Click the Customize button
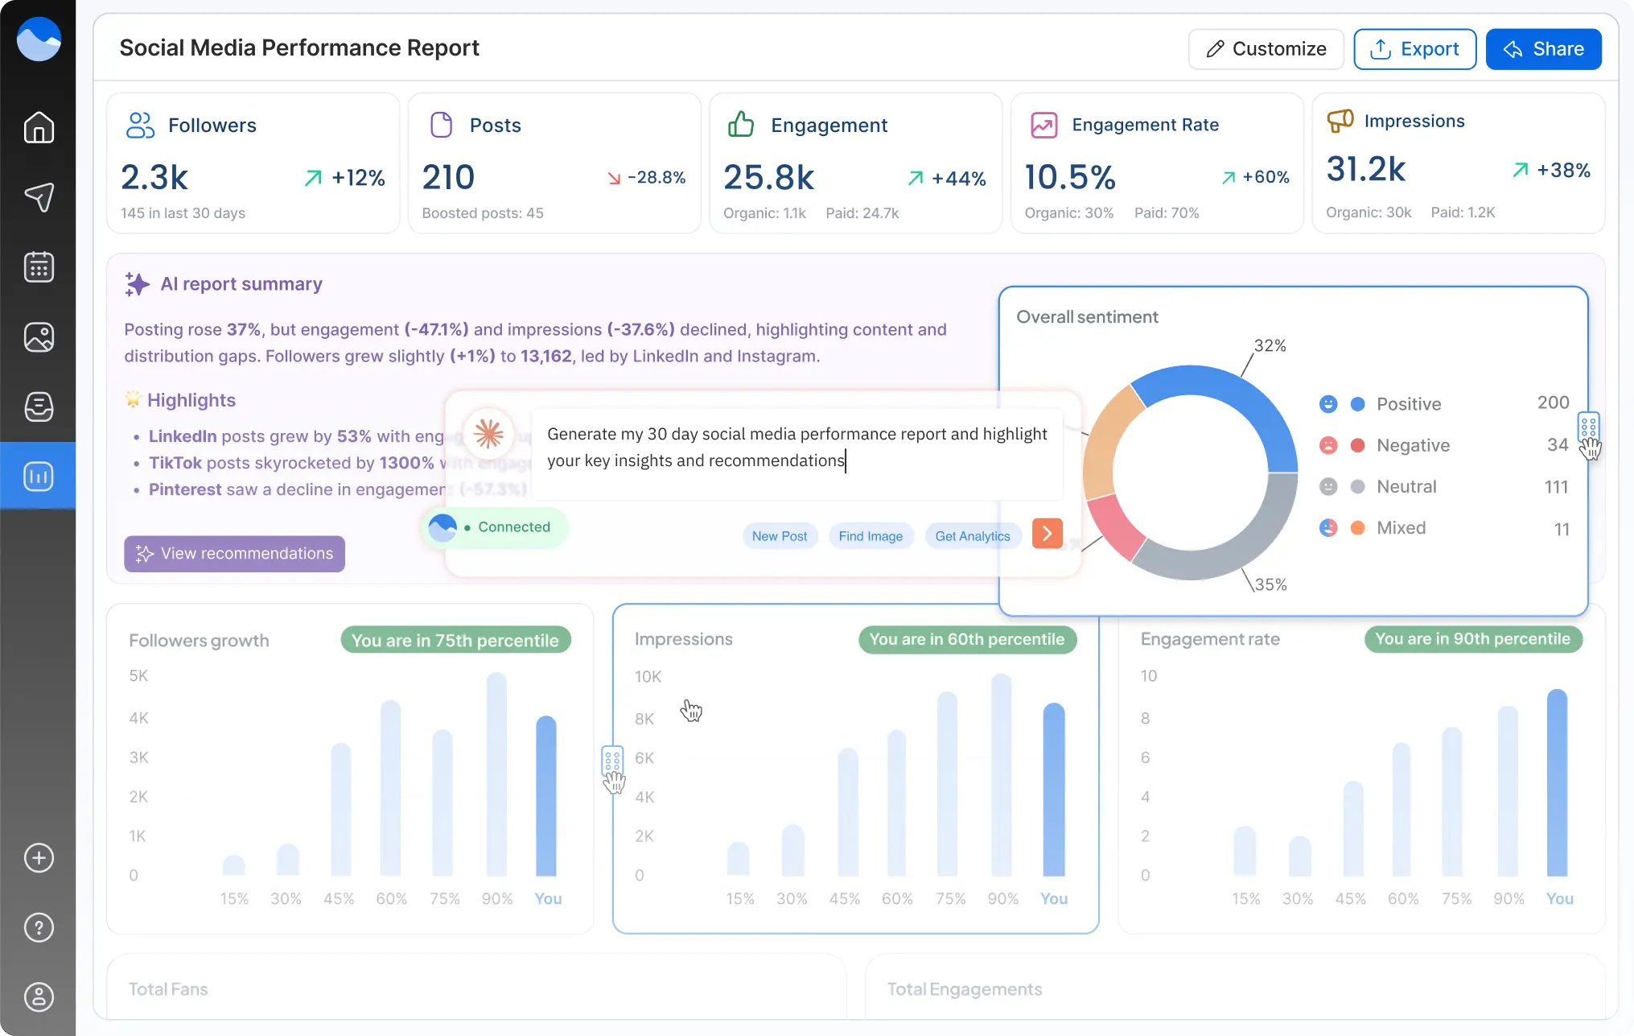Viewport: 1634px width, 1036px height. point(1266,49)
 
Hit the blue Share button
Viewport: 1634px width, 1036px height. point(1543,49)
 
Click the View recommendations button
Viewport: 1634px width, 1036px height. point(234,554)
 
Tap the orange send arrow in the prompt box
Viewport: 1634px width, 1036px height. point(1047,534)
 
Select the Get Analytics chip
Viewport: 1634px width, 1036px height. point(972,536)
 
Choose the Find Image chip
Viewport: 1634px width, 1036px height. point(871,536)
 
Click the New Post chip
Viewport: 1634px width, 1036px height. point(779,536)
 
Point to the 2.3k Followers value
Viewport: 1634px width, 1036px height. point(154,177)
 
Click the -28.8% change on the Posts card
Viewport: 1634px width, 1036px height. point(647,178)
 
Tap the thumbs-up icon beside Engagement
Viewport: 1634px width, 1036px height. point(740,125)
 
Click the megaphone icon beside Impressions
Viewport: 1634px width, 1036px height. point(1340,121)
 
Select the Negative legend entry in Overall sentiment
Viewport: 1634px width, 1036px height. point(1412,445)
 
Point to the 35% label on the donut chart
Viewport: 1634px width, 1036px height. point(1270,584)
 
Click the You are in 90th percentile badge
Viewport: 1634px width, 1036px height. point(1472,639)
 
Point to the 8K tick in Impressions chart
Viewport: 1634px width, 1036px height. point(644,719)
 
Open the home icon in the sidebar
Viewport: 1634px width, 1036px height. point(39,127)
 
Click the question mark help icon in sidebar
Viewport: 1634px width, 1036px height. point(39,927)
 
